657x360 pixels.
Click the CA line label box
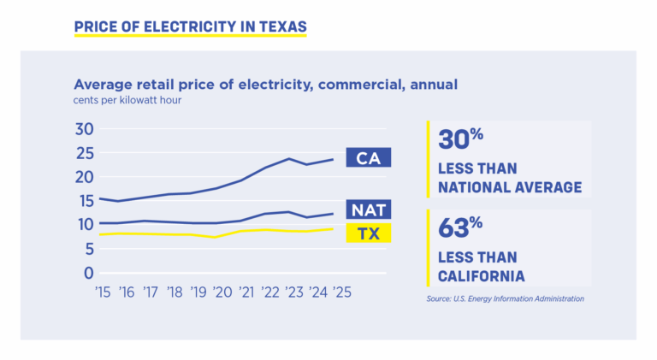(368, 157)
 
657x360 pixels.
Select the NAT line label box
(368, 210)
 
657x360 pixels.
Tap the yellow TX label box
(368, 233)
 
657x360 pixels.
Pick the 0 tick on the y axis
(87, 273)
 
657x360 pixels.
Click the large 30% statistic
(461, 139)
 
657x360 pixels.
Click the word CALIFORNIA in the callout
(481, 275)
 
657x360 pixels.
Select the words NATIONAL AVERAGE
(510, 187)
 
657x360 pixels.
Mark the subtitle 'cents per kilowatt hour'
(127, 100)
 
